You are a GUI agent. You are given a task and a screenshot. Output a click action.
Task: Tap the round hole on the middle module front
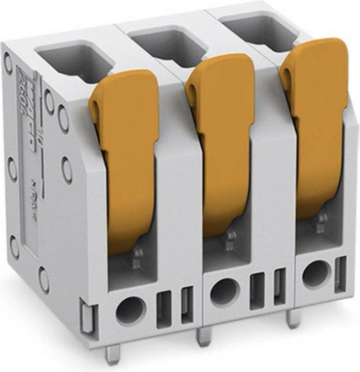pos(224,292)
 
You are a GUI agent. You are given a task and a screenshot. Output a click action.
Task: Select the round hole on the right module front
pos(315,274)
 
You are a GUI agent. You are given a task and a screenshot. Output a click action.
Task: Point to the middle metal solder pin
pos(203,336)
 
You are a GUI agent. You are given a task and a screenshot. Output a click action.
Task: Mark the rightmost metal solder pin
pos(293,318)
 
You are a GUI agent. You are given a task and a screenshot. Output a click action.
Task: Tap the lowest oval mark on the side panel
pos(44,280)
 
